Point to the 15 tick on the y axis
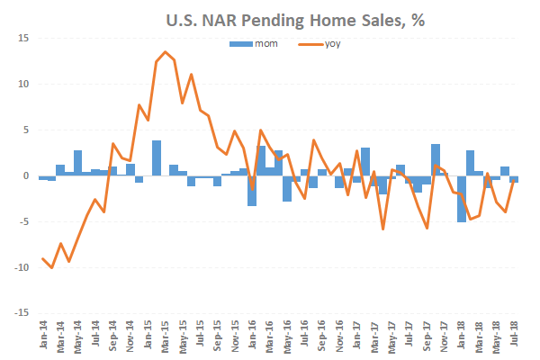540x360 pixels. [x=22, y=38]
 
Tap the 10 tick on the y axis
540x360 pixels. [x=22, y=84]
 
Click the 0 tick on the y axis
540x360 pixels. [x=24, y=176]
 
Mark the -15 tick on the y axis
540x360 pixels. [x=20, y=314]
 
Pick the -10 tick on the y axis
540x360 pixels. [x=20, y=268]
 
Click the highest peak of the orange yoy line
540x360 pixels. [x=166, y=52]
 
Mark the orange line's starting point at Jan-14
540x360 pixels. [x=42, y=259]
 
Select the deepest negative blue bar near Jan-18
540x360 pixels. [x=462, y=199]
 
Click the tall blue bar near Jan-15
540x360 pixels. [x=157, y=157]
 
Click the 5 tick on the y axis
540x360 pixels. [x=24, y=130]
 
